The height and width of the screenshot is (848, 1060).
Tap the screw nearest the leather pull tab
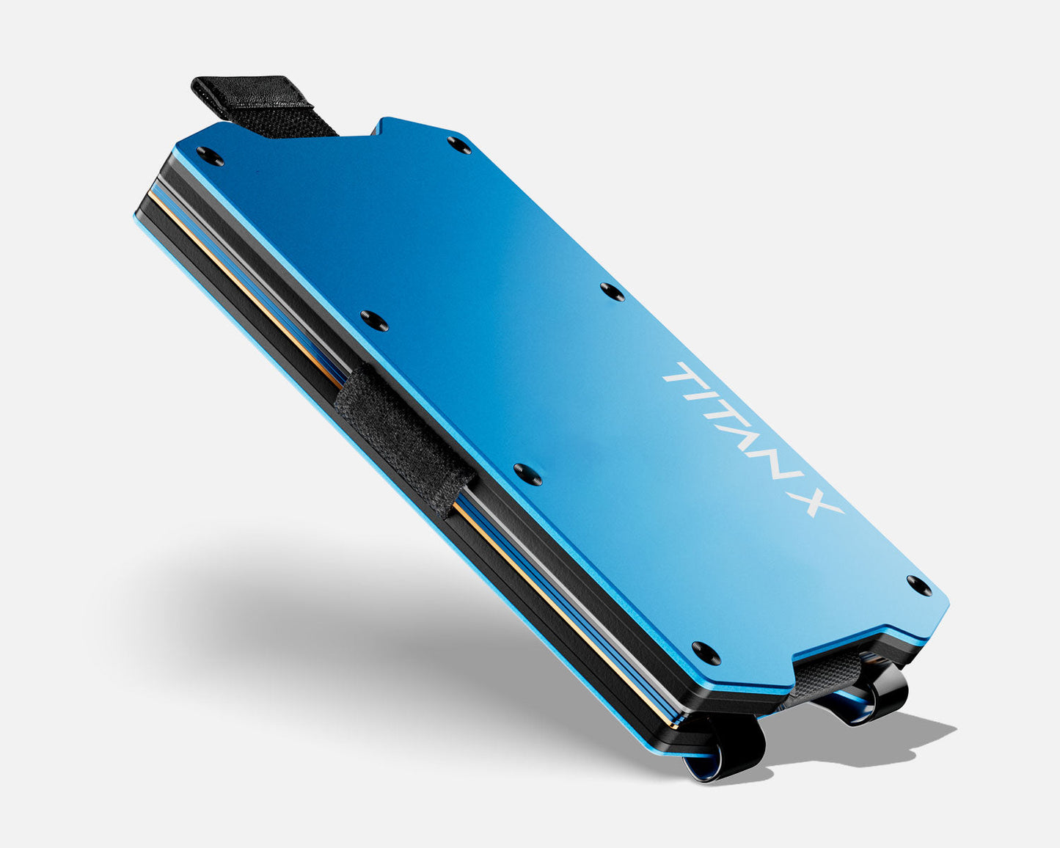(x=210, y=156)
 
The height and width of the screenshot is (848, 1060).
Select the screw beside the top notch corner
(x=460, y=145)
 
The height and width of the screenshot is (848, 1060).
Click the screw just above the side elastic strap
(x=374, y=321)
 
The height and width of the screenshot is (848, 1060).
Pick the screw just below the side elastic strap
(x=527, y=474)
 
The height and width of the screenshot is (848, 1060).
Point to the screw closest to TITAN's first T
(x=613, y=292)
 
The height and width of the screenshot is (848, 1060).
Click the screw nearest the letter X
(x=919, y=585)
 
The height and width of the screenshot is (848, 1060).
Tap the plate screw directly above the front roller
(x=706, y=652)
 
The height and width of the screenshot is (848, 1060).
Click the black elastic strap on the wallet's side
(x=406, y=438)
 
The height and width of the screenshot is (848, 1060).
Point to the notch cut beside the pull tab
(x=359, y=132)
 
